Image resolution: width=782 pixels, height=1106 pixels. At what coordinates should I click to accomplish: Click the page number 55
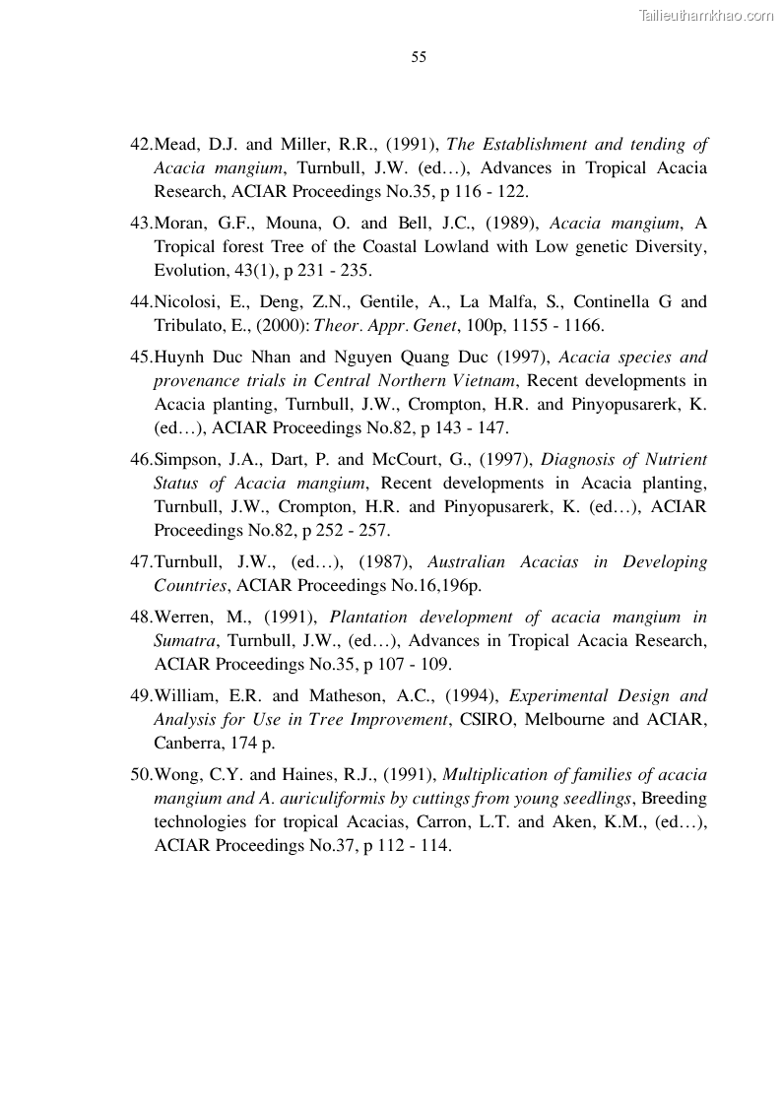click(x=419, y=57)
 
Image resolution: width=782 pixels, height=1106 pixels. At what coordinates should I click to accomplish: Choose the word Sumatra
click(x=184, y=640)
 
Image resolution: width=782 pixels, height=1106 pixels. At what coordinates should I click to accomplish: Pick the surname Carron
click(x=451, y=821)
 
